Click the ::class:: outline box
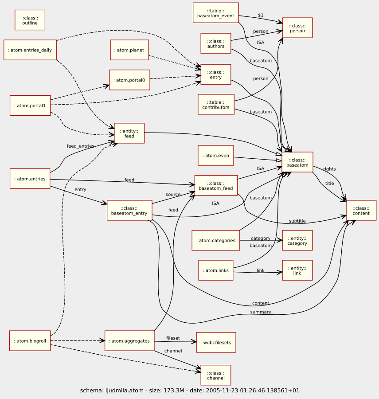click(30, 20)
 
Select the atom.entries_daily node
click(30, 50)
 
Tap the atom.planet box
click(129, 50)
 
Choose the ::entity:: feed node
click(129, 133)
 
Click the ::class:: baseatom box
click(297, 162)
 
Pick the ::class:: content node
click(361, 210)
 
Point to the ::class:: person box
click(297, 28)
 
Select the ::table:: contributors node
click(216, 104)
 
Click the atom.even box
click(216, 155)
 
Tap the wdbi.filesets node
click(216, 342)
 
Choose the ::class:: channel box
click(216, 375)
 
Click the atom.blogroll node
click(30, 341)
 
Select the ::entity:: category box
click(297, 240)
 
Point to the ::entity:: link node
click(297, 270)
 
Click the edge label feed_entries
click(80, 146)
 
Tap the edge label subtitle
click(297, 221)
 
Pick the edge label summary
click(261, 312)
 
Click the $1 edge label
click(261, 15)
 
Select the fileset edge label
click(173, 338)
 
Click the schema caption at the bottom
click(190, 391)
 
